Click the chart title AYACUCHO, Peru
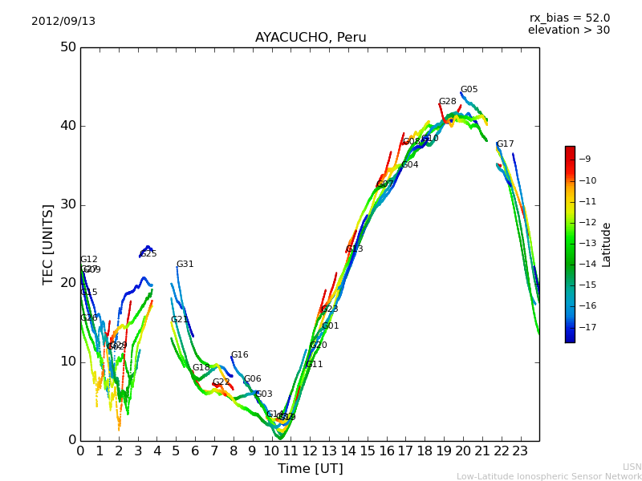pyautogui.click(x=311, y=38)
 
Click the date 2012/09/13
pyautogui.click(x=63, y=22)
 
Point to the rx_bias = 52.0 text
pyautogui.click(x=569, y=18)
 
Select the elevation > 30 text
pyautogui.click(x=569, y=30)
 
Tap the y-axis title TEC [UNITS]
pyautogui.click(x=49, y=244)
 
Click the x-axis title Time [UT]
pyautogui.click(x=310, y=469)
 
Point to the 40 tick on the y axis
pyautogui.click(x=67, y=126)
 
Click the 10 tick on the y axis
pyautogui.click(x=67, y=362)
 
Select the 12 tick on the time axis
pyautogui.click(x=310, y=451)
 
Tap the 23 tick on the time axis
pyautogui.click(x=520, y=451)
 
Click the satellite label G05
pyautogui.click(x=469, y=90)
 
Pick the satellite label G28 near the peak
pyautogui.click(x=447, y=102)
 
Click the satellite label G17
pyautogui.click(x=505, y=144)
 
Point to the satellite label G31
pyautogui.click(x=185, y=265)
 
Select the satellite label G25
pyautogui.click(x=148, y=254)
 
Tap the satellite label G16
pyautogui.click(x=239, y=355)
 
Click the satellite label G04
pyautogui.click(x=409, y=165)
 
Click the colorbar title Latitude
pyautogui.click(x=607, y=245)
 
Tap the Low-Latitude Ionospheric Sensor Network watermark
pyautogui.click(x=549, y=477)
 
